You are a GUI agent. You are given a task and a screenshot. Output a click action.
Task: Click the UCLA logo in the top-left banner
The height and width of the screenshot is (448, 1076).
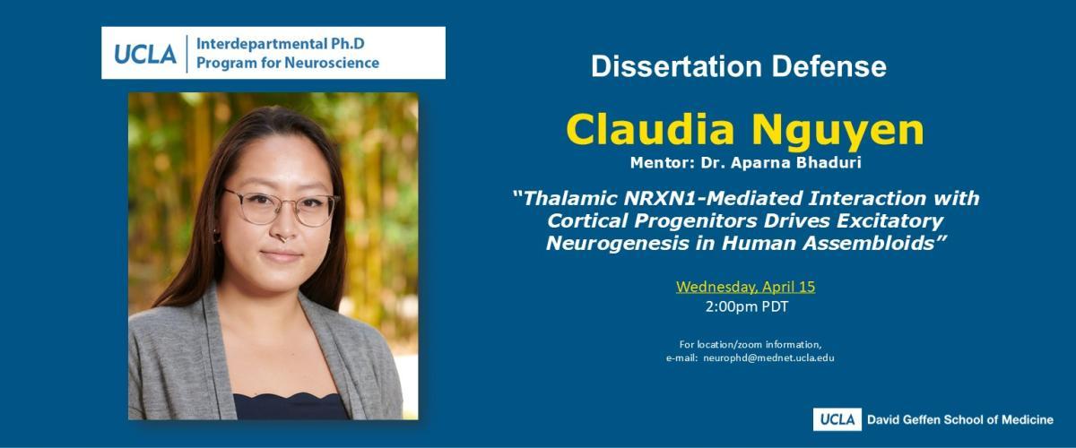(x=145, y=54)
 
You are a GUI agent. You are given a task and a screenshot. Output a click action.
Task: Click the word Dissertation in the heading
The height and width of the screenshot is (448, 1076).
(x=676, y=66)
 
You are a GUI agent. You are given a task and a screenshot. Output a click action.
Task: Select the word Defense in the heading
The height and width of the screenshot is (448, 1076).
(x=829, y=66)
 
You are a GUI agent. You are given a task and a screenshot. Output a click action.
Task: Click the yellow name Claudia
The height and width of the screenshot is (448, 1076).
(x=650, y=130)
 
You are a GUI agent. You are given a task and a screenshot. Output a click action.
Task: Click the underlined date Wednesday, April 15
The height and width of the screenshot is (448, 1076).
(x=745, y=287)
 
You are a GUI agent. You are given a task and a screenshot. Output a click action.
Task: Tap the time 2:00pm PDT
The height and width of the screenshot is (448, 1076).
(x=746, y=306)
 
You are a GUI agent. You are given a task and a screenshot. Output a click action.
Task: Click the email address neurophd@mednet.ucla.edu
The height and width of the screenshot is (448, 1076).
(x=768, y=358)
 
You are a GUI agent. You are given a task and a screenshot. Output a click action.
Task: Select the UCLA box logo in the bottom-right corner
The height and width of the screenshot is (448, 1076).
(x=837, y=419)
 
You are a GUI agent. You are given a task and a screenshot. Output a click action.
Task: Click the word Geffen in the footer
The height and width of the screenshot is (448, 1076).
(x=923, y=419)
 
